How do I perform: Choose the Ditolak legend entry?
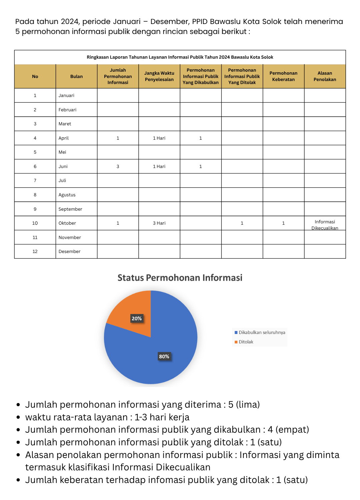point(246,342)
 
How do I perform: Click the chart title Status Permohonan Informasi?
point(180,278)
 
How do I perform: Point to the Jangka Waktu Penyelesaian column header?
point(159,76)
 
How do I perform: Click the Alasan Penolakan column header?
point(325,76)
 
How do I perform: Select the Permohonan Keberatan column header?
point(283,76)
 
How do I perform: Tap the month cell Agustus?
point(67,195)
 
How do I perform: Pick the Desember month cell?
point(69,252)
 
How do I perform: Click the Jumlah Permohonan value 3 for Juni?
point(118,166)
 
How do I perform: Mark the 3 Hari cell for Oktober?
point(159,223)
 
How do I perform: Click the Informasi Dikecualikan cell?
point(325,225)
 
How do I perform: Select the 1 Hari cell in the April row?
point(159,138)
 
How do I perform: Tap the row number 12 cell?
point(35,252)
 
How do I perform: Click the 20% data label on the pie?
point(137,318)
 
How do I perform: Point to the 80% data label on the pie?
point(164,356)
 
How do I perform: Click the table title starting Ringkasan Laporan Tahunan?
point(180,57)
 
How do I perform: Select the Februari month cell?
point(67,110)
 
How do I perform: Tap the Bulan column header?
point(76,76)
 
